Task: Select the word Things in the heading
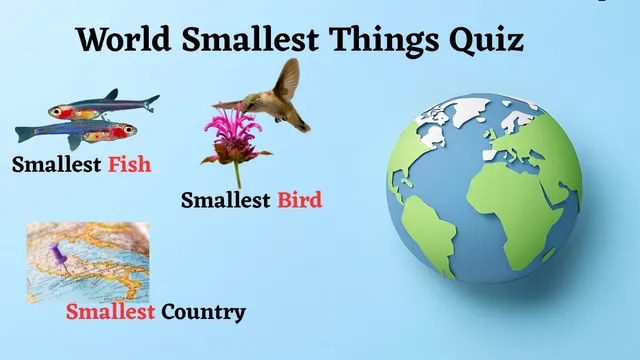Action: [x=388, y=41]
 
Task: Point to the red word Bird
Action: [x=299, y=200]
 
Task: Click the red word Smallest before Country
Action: [x=110, y=312]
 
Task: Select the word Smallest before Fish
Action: [x=57, y=164]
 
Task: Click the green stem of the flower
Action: [x=238, y=172]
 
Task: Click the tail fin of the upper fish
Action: [x=150, y=102]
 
